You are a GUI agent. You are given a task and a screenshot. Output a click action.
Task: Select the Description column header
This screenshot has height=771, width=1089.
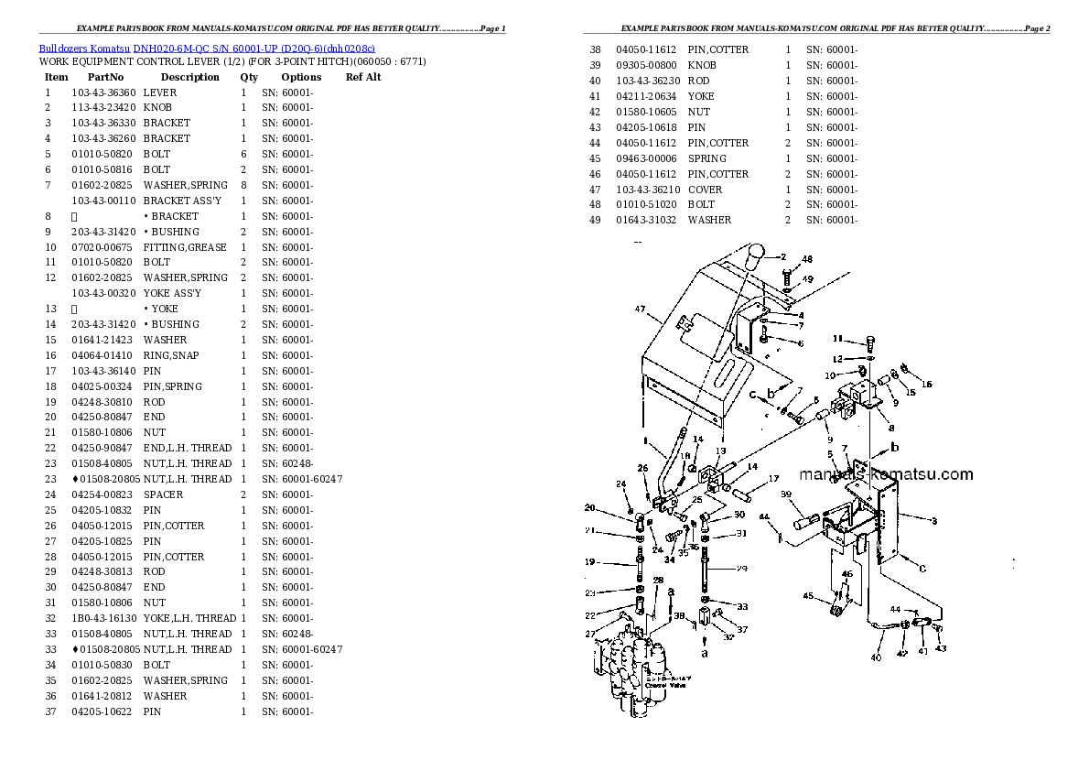(x=189, y=78)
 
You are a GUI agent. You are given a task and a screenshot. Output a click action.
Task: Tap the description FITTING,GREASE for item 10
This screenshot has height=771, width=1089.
(x=185, y=247)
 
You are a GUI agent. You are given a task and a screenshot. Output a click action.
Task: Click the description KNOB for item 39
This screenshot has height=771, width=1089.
(x=702, y=66)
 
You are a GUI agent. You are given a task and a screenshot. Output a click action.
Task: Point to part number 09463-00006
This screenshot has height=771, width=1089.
(x=646, y=158)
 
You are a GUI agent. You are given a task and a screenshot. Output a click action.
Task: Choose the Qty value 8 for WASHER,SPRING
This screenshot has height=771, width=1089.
(x=243, y=185)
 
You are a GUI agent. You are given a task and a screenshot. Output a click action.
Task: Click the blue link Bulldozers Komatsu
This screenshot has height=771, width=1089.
(x=84, y=49)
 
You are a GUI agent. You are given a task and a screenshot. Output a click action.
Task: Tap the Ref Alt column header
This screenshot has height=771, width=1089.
(x=363, y=78)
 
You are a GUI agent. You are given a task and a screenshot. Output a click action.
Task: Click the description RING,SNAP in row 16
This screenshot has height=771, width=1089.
(x=171, y=355)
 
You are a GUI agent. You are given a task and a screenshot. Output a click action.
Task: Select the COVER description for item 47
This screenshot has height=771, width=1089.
(x=706, y=190)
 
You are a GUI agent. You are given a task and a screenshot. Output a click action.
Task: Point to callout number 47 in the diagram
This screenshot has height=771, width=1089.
(x=641, y=309)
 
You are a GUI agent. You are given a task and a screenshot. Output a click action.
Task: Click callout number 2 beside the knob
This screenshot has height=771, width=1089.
(x=783, y=256)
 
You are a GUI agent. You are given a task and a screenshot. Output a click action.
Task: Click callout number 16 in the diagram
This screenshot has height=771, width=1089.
(x=927, y=385)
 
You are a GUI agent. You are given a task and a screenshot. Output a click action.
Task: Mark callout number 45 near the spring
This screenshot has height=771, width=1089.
(x=808, y=596)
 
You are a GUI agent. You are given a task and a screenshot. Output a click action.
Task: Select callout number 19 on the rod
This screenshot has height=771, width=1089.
(x=590, y=561)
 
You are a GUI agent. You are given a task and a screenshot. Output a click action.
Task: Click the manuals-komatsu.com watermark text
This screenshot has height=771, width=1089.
(x=886, y=474)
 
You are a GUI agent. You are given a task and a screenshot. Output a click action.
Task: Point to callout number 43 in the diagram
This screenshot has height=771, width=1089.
(x=942, y=649)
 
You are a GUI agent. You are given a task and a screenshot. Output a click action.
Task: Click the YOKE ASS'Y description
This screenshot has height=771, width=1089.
(x=172, y=293)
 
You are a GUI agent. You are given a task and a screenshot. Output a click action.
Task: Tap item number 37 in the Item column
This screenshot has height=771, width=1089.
(x=51, y=711)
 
